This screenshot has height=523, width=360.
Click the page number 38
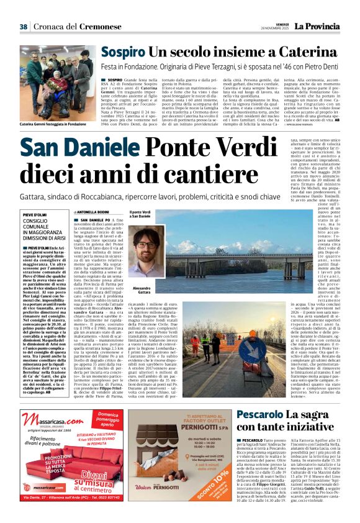click(24, 27)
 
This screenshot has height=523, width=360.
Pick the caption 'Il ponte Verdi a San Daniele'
click(140, 215)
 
